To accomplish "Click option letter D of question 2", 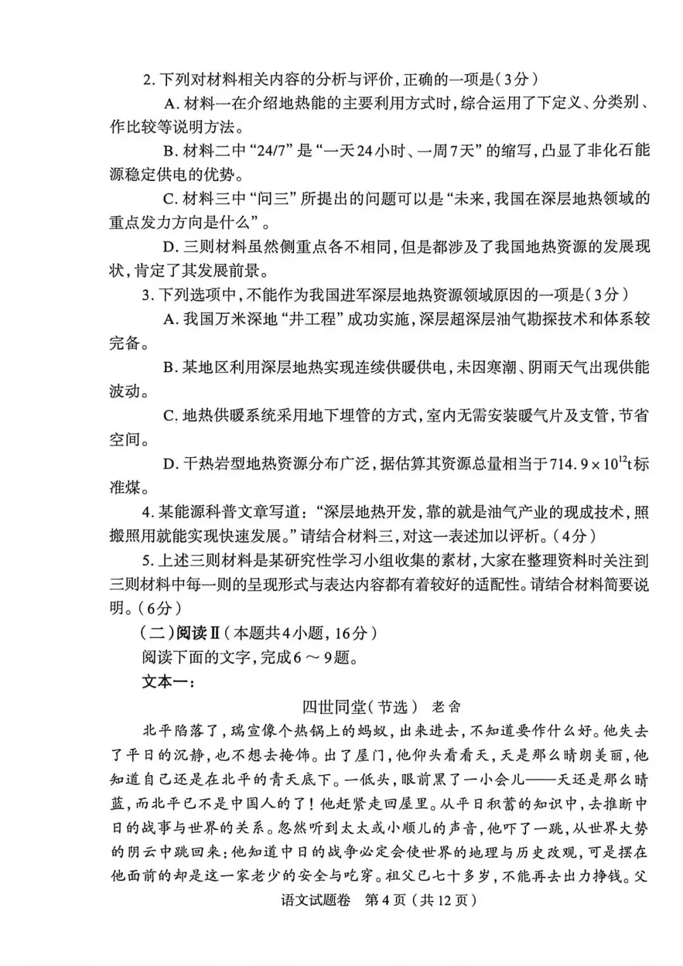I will (x=169, y=247).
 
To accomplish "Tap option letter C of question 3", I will (x=169, y=416).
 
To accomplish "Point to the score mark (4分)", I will (x=574, y=536).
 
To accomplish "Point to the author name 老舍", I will (x=446, y=706).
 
